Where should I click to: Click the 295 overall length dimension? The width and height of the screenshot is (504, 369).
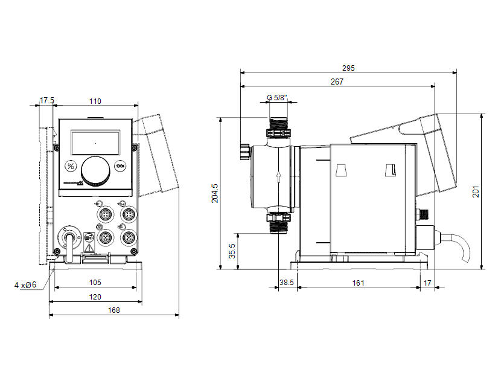tap(348, 68)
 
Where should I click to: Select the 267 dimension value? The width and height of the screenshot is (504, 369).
tap(337, 82)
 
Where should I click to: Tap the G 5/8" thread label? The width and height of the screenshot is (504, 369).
tap(277, 97)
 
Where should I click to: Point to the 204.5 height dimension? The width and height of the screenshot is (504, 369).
tap(215, 193)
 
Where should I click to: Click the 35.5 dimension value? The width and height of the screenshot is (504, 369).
tap(232, 251)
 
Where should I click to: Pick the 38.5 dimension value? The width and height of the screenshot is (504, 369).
tap(286, 283)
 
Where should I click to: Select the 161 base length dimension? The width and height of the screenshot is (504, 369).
tap(358, 283)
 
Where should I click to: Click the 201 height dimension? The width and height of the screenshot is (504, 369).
tap(476, 191)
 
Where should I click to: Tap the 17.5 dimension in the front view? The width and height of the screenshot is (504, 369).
tap(47, 101)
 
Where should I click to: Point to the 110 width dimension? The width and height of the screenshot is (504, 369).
tap(95, 101)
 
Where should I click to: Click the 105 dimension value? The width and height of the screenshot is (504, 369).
tap(95, 283)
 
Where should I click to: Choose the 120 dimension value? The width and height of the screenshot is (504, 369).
tap(95, 297)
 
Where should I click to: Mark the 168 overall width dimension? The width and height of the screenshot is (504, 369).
tap(114, 310)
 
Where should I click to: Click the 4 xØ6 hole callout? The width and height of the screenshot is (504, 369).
tap(25, 285)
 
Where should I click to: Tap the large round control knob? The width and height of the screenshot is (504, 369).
tap(95, 172)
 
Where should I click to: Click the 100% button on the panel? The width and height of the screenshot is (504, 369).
tap(120, 166)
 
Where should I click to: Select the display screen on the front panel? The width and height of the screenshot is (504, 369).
tap(95, 143)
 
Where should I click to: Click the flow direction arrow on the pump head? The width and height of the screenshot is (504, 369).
tap(279, 176)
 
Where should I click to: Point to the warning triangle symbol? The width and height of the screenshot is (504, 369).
tap(89, 248)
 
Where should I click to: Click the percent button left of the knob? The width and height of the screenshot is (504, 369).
tap(71, 166)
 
